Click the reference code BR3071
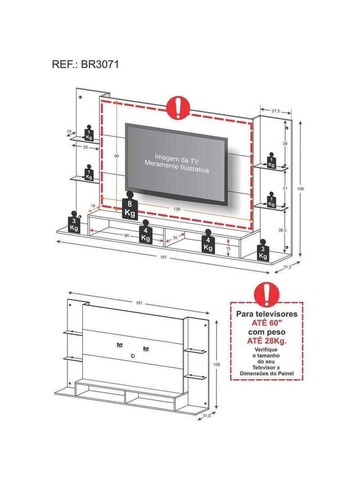pyautogui.click(x=99, y=64)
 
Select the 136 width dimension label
pyautogui.click(x=177, y=209)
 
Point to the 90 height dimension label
pyautogui.click(x=117, y=156)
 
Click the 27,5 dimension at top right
pyautogui.click(x=275, y=111)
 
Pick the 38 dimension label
pyautogui.click(x=285, y=144)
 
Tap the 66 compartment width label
pyautogui.click(x=126, y=235)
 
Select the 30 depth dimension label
pyautogui.click(x=175, y=238)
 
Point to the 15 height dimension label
pyautogui.click(x=228, y=249)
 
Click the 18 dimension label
pyautogui.click(x=93, y=206)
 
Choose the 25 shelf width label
pyautogui.click(x=85, y=148)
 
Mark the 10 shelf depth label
pyautogui.click(x=69, y=131)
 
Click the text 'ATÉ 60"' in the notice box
pyautogui.click(x=266, y=323)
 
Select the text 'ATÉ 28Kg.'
pyautogui.click(x=267, y=341)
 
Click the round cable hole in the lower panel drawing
pyautogui.click(x=132, y=355)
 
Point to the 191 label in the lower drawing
pyautogui.click(x=139, y=303)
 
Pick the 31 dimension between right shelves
pyautogui.click(x=285, y=189)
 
